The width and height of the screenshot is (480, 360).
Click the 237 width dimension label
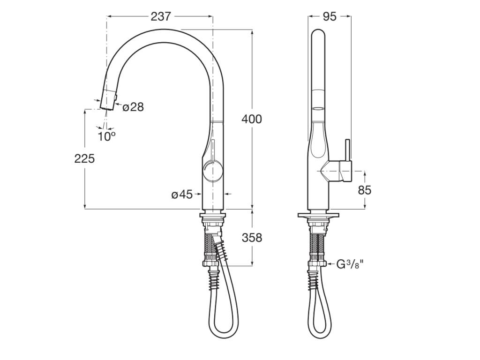(x=160, y=16)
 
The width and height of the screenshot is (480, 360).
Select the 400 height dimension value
(x=252, y=119)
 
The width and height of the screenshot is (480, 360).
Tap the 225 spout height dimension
(x=84, y=158)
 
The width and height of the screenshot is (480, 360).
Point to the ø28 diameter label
(x=133, y=107)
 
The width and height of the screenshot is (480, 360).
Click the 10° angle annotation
(x=106, y=136)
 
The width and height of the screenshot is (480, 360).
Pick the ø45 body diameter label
(x=182, y=194)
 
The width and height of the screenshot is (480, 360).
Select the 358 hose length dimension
(x=252, y=238)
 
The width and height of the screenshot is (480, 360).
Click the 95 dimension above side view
(x=330, y=16)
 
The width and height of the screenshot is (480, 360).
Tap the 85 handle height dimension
(x=364, y=190)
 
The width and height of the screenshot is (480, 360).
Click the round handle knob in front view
(x=212, y=172)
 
